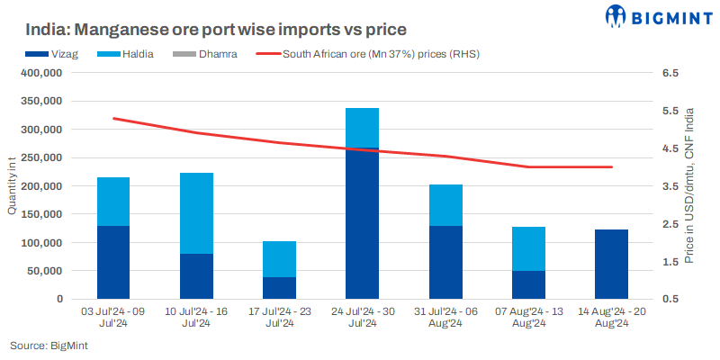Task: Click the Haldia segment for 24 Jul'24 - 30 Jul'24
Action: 363,128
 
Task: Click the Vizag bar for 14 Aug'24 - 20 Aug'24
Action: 611,264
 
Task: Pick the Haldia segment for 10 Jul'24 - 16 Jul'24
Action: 196,213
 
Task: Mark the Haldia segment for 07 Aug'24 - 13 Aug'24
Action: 528,248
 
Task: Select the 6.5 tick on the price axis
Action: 669,74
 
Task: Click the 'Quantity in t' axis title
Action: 13,186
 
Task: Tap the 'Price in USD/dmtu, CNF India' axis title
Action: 688,186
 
